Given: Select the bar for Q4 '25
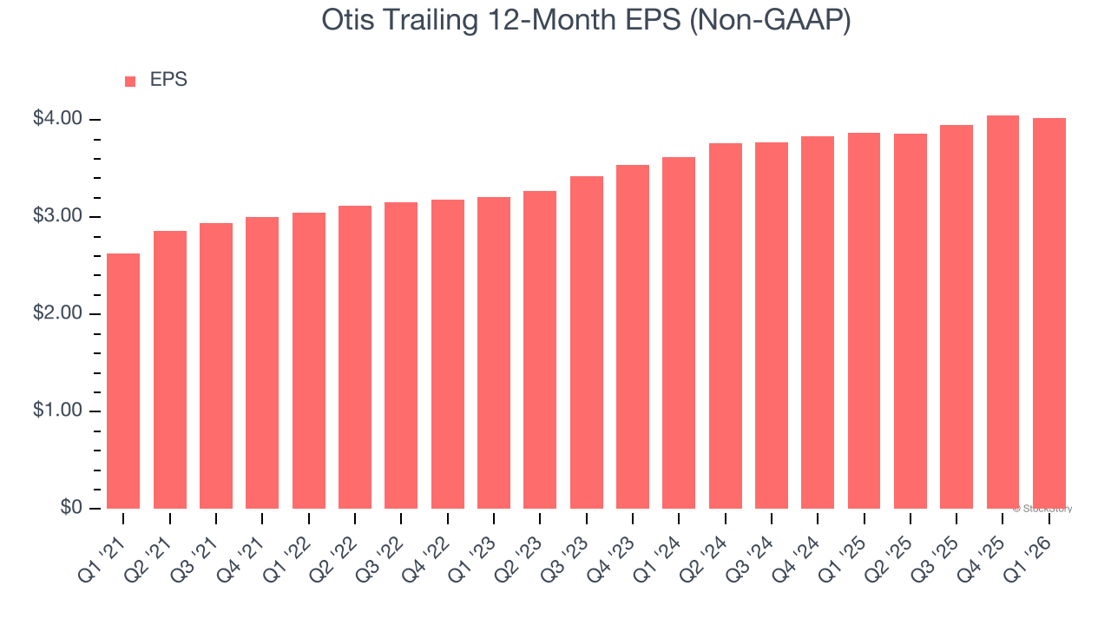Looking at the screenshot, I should tap(1003, 312).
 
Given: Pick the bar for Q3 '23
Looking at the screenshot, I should tap(586, 342).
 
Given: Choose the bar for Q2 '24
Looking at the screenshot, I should tap(725, 326).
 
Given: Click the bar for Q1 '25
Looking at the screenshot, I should tap(864, 320).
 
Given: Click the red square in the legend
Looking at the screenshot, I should tap(130, 82).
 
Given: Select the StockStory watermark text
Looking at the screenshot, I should tap(1042, 509).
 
